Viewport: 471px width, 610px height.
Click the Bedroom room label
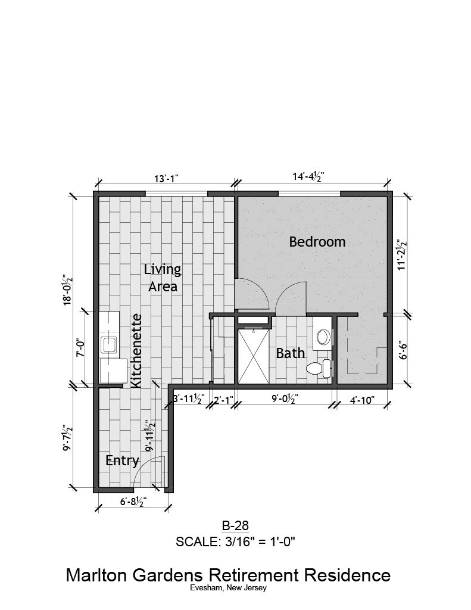317,242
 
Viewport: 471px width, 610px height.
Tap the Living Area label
163,278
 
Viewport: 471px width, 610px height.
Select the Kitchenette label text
136,351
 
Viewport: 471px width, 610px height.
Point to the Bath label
291,353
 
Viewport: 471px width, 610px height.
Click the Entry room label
122,460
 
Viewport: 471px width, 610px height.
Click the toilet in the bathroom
318,369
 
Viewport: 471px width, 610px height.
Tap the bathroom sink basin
323,337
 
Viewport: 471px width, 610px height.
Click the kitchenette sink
109,344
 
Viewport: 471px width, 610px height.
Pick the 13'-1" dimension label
167,179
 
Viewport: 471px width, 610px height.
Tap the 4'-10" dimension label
361,400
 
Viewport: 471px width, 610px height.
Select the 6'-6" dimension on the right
403,351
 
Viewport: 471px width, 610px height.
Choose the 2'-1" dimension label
223,400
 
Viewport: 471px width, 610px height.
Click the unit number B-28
235,526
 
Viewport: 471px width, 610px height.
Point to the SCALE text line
236,541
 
